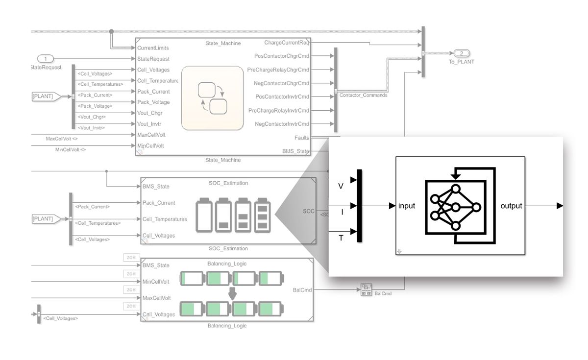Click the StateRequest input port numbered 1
pos(46,59)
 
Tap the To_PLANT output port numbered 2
pos(461,53)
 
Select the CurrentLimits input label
pos(153,48)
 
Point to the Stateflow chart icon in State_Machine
pos(212,98)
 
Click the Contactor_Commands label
pos(363,95)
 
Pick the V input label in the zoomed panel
pos(341,186)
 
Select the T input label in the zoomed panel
pos(341,238)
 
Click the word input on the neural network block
pos(407,206)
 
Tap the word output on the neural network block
pos(511,206)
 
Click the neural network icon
pos(455,206)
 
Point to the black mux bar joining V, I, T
pos(359,206)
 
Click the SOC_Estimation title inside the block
pos(228,183)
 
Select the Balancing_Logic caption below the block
pos(227,326)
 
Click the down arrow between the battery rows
pos(233,293)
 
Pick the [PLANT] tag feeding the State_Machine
pos(45,96)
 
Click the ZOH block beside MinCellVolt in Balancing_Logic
pos(131,274)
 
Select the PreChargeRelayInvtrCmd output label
pos(278,110)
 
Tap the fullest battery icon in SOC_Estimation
pos(263,214)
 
